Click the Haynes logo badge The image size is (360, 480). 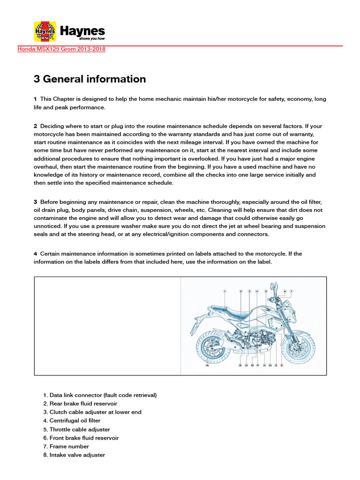[x=45, y=32]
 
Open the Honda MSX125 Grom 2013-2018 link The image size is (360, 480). [x=61, y=49]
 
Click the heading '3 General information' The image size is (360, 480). [x=90, y=79]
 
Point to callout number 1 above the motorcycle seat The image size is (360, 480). [x=225, y=291]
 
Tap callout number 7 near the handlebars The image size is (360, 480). [x=291, y=291]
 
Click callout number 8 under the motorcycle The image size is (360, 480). [x=281, y=365]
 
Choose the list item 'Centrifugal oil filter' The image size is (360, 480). [x=75, y=420]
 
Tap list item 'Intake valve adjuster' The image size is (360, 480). [x=77, y=455]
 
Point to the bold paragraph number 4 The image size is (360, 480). [x=35, y=254]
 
